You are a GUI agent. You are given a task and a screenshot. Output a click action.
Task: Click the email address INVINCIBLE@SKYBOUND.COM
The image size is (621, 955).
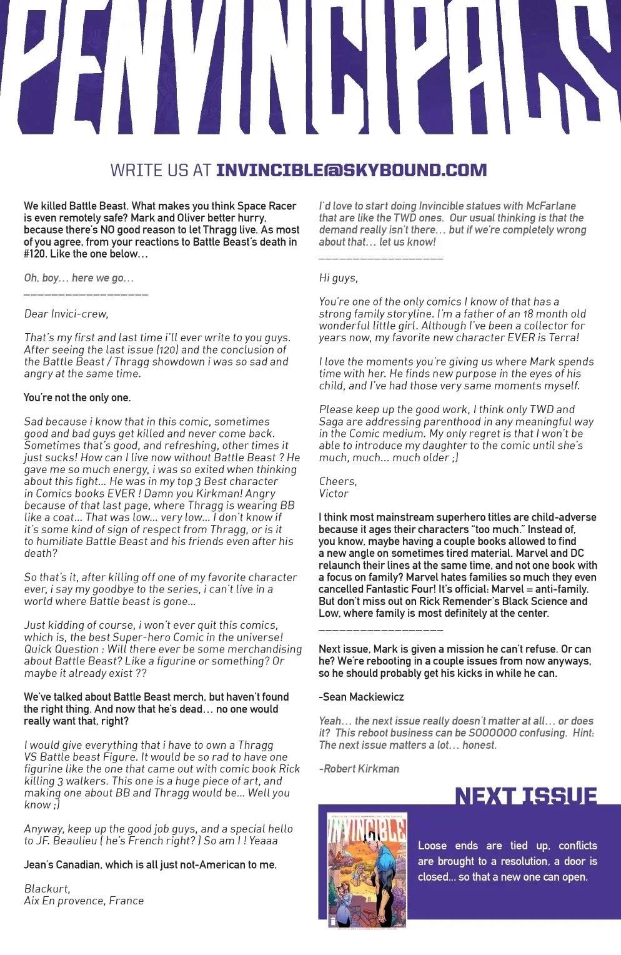coord(350,170)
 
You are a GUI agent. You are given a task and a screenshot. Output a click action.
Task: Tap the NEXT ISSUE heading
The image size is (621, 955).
coord(525,796)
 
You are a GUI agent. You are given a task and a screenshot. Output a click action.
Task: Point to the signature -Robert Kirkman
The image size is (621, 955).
coord(359,769)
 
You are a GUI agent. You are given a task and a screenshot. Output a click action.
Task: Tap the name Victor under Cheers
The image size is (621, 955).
coord(334,493)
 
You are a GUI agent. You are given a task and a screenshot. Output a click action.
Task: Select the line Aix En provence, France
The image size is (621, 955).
coord(84,901)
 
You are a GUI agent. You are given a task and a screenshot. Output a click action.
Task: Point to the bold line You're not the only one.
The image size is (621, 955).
coord(77,397)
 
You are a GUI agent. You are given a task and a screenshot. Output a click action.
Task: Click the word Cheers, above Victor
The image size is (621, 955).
coord(337,481)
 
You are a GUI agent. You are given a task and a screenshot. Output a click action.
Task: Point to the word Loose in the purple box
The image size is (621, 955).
coord(432,846)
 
